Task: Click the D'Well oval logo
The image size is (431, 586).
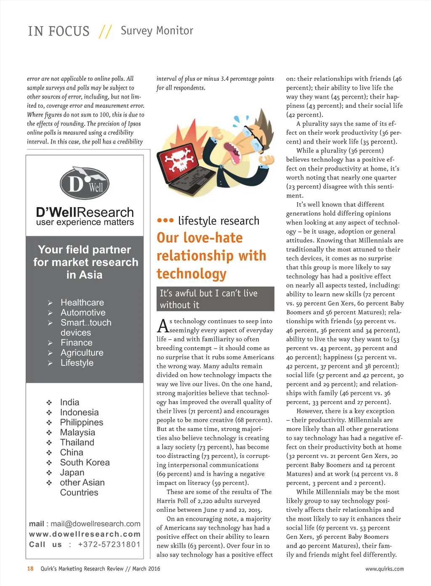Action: coord(84,184)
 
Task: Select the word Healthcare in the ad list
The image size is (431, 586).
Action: coord(82,303)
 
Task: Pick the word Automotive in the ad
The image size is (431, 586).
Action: coord(83,313)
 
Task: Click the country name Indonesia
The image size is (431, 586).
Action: coord(79,413)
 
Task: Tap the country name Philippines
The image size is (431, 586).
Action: coord(81,423)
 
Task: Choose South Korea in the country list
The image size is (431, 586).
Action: coord(85,463)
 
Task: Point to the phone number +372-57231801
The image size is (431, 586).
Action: coord(109,545)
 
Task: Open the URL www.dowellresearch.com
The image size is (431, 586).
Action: coord(85,534)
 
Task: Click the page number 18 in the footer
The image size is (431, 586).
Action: coord(30,569)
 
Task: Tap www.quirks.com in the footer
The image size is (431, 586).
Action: coord(384,569)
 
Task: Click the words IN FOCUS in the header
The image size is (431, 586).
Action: coord(59,32)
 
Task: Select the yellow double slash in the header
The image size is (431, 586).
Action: coord(105,32)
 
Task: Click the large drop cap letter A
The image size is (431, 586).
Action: coord(162,326)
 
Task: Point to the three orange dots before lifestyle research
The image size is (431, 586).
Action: coord(165,221)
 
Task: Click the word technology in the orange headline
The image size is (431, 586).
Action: coord(192,274)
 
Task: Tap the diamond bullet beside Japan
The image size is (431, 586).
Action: coord(49,473)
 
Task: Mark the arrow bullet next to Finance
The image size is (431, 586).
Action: coord(50,343)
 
